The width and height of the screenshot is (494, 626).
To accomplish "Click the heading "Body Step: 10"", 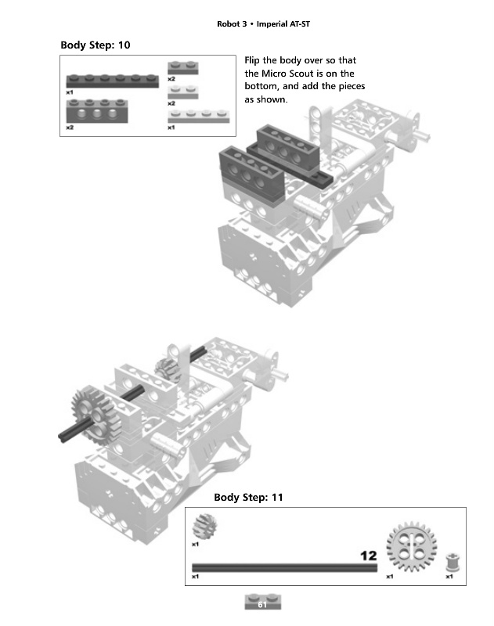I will coord(96,45).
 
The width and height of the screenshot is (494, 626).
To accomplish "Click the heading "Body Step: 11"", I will coord(249,498).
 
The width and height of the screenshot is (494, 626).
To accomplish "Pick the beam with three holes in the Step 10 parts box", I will coord(97,109).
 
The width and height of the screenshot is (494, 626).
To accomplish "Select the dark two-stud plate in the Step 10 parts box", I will coord(182,68).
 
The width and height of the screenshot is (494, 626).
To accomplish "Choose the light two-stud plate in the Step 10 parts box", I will coord(182,92).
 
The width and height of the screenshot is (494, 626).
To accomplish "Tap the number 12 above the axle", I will coord(368,556).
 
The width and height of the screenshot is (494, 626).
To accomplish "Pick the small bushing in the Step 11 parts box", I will coord(451,563).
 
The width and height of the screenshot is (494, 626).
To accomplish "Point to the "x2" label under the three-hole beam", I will coord(70,128).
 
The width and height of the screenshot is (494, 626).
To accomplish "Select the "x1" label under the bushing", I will coord(449,577).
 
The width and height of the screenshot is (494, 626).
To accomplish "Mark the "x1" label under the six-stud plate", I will coord(70,92).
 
